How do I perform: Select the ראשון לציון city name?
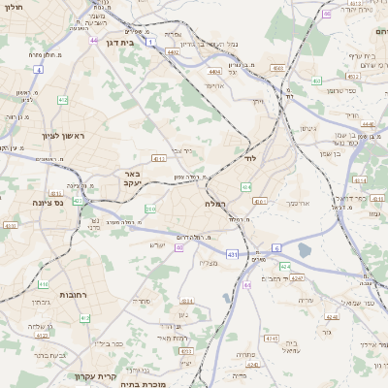[x=62, y=137]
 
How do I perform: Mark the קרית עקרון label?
[x=96, y=374]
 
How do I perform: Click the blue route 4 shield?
[x=38, y=70]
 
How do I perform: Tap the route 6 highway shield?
[x=275, y=248]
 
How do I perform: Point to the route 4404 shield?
[x=214, y=71]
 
